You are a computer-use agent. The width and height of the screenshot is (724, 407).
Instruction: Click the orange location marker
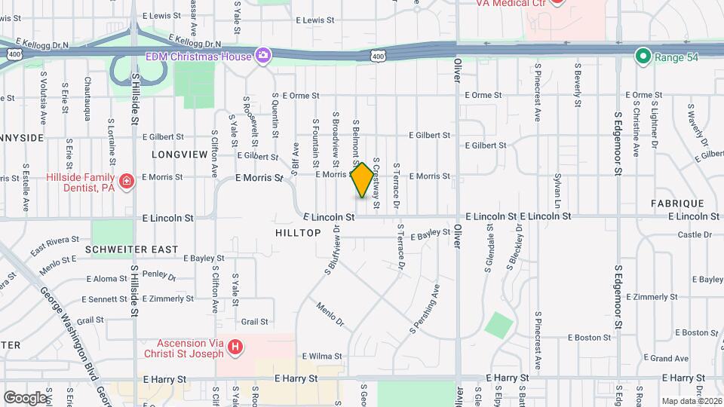point(363,180)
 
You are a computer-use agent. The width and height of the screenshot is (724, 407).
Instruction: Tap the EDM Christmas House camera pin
point(263,55)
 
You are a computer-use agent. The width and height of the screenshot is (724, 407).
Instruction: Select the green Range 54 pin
point(643,55)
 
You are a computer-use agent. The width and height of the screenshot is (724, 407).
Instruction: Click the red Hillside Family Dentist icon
point(127,181)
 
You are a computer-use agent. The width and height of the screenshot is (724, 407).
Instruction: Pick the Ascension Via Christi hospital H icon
point(236,347)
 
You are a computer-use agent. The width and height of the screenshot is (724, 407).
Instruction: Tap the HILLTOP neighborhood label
point(299,234)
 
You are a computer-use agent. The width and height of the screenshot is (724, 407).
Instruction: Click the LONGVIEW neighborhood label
point(179,155)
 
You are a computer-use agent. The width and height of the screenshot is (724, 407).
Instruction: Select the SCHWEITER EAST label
point(132,249)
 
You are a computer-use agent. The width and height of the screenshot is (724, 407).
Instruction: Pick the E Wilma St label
point(321,356)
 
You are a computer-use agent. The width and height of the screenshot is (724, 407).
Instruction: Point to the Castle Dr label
point(690,235)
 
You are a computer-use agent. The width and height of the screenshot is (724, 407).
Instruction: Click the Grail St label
point(255,322)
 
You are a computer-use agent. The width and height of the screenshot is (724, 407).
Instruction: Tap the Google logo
point(25,397)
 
